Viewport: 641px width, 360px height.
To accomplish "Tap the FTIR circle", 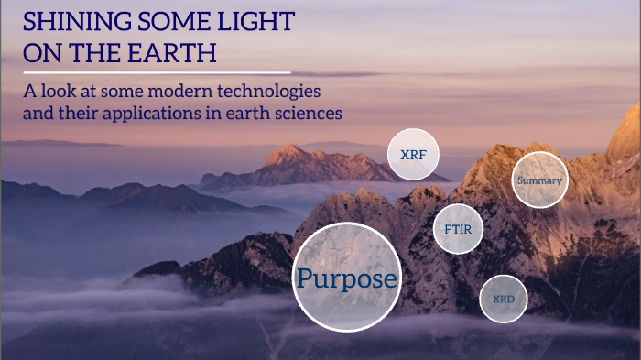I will coord(459,229).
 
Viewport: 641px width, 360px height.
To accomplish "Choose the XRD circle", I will coord(504,299).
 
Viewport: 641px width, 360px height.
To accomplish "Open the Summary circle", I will coord(539,180).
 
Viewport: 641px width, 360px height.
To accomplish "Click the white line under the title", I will coord(156,71).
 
